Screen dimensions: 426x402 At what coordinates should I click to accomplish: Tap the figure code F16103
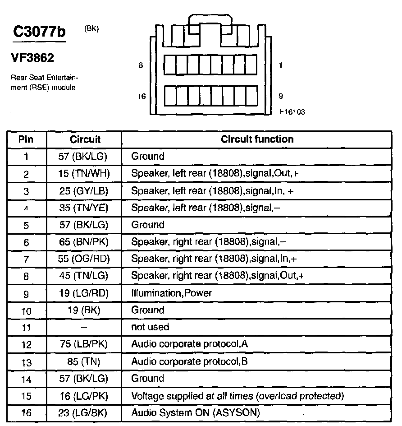(292, 111)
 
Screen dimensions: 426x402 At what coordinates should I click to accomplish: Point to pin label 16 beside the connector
(141, 97)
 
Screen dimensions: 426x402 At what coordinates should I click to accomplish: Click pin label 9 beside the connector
(281, 96)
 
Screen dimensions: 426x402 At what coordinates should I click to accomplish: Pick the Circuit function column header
(257, 139)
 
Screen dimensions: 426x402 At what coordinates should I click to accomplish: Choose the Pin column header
(26, 139)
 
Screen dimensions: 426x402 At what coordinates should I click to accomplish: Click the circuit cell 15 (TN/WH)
(85, 174)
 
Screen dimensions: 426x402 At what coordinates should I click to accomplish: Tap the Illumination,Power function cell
(171, 293)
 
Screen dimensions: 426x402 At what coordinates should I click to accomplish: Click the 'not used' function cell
(150, 327)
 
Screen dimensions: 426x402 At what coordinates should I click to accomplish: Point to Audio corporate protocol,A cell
(189, 344)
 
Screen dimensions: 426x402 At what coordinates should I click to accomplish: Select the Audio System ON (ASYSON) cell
(195, 412)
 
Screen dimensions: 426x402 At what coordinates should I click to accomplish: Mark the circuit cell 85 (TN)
(85, 361)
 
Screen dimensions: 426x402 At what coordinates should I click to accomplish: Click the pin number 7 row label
(26, 259)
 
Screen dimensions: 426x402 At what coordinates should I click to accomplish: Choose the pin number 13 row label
(26, 362)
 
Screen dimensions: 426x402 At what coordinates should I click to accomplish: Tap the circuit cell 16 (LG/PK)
(85, 396)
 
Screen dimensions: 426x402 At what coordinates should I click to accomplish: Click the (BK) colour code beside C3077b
(91, 29)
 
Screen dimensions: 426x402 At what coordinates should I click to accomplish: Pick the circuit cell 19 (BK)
(85, 310)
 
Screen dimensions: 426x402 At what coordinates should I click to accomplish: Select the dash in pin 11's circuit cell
(85, 327)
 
